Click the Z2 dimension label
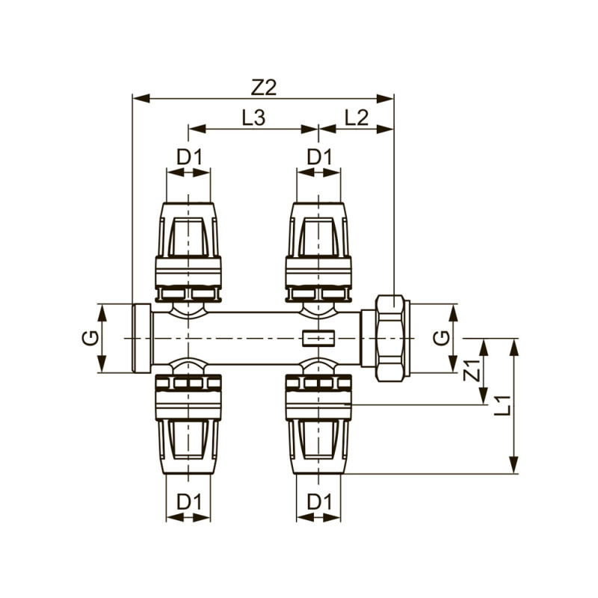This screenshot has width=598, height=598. pos(263,87)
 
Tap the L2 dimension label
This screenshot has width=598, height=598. pos(357,117)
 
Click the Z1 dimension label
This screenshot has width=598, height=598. pos(471,372)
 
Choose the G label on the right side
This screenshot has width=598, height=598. pos(443,338)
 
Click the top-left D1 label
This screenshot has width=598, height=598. pos(188,158)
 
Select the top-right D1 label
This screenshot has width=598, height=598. pos(319,158)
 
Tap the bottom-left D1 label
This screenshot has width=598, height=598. pos(188,502)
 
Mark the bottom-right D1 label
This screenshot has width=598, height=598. pos(319,502)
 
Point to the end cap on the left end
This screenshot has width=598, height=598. pos(141,338)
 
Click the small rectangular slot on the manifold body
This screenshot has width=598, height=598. pos(318,339)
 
